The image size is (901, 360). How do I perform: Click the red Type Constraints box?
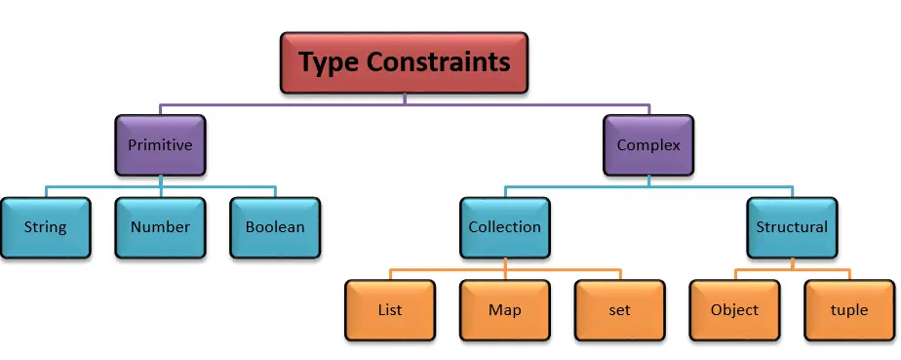(404, 62)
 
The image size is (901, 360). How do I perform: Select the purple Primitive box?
(160, 145)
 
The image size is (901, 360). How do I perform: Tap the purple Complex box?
(648, 145)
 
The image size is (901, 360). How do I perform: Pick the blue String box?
(45, 227)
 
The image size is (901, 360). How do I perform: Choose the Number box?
(160, 227)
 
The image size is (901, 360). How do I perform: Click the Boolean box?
(275, 227)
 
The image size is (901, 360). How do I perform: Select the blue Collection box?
(504, 227)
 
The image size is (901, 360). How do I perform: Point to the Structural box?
(792, 227)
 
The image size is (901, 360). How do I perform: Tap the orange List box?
(389, 310)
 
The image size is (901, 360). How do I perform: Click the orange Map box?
(504, 310)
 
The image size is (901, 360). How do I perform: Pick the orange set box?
(619, 310)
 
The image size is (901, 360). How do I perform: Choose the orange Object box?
(734, 310)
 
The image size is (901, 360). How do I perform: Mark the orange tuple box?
(849, 310)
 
